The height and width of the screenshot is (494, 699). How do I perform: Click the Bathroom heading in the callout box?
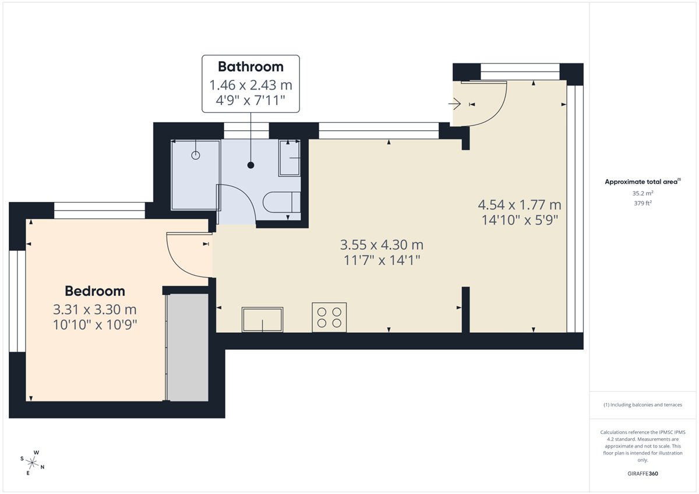pyautogui.click(x=250, y=67)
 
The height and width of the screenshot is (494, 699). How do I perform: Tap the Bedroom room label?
pyautogui.click(x=95, y=291)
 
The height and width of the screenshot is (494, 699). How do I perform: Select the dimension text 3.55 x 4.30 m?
pyautogui.click(x=382, y=244)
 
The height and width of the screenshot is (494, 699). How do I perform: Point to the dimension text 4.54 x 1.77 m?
pyautogui.click(x=520, y=205)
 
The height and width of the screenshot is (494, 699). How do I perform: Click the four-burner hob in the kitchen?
pyautogui.click(x=329, y=317)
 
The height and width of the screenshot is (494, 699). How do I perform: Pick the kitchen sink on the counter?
pyautogui.click(x=263, y=319)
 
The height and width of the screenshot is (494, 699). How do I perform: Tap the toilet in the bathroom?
pyautogui.click(x=281, y=202)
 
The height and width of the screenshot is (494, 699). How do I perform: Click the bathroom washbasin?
pyautogui.click(x=290, y=158)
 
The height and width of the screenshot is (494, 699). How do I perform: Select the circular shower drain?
pyautogui.click(x=196, y=155)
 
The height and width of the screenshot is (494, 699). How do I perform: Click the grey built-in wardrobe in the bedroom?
pyautogui.click(x=188, y=347)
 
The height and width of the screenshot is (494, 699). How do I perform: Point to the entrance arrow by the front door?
pyautogui.click(x=455, y=104)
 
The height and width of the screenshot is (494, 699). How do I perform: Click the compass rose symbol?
pyautogui.click(x=32, y=463)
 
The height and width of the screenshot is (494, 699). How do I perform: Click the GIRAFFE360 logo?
pyautogui.click(x=642, y=474)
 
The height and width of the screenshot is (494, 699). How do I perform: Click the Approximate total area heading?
pyautogui.click(x=642, y=182)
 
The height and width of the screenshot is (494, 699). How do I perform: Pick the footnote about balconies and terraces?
pyautogui.click(x=642, y=405)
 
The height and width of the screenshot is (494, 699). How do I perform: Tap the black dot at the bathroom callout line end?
pyautogui.click(x=250, y=165)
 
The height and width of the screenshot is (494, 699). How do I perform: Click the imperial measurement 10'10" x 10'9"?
pyautogui.click(x=95, y=325)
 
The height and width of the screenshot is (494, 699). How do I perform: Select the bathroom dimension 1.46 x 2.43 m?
pyautogui.click(x=250, y=85)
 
